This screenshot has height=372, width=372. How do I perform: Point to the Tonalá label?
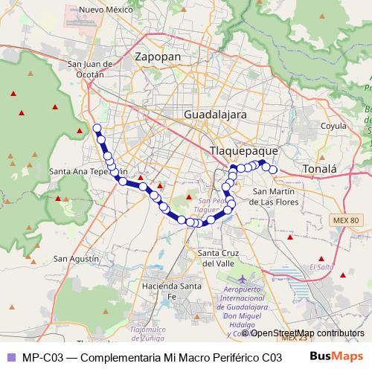pos(320,170)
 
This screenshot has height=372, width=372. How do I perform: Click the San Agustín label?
pos(76,258)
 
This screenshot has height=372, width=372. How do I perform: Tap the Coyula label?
pos(333,127)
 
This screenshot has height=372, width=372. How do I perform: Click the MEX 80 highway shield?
pos(344,220)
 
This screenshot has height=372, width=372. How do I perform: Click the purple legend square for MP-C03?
pos(10,356)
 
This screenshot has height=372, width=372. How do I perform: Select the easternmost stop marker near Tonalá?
pos(273,170)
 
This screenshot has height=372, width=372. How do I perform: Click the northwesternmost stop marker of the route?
pos(97,128)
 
